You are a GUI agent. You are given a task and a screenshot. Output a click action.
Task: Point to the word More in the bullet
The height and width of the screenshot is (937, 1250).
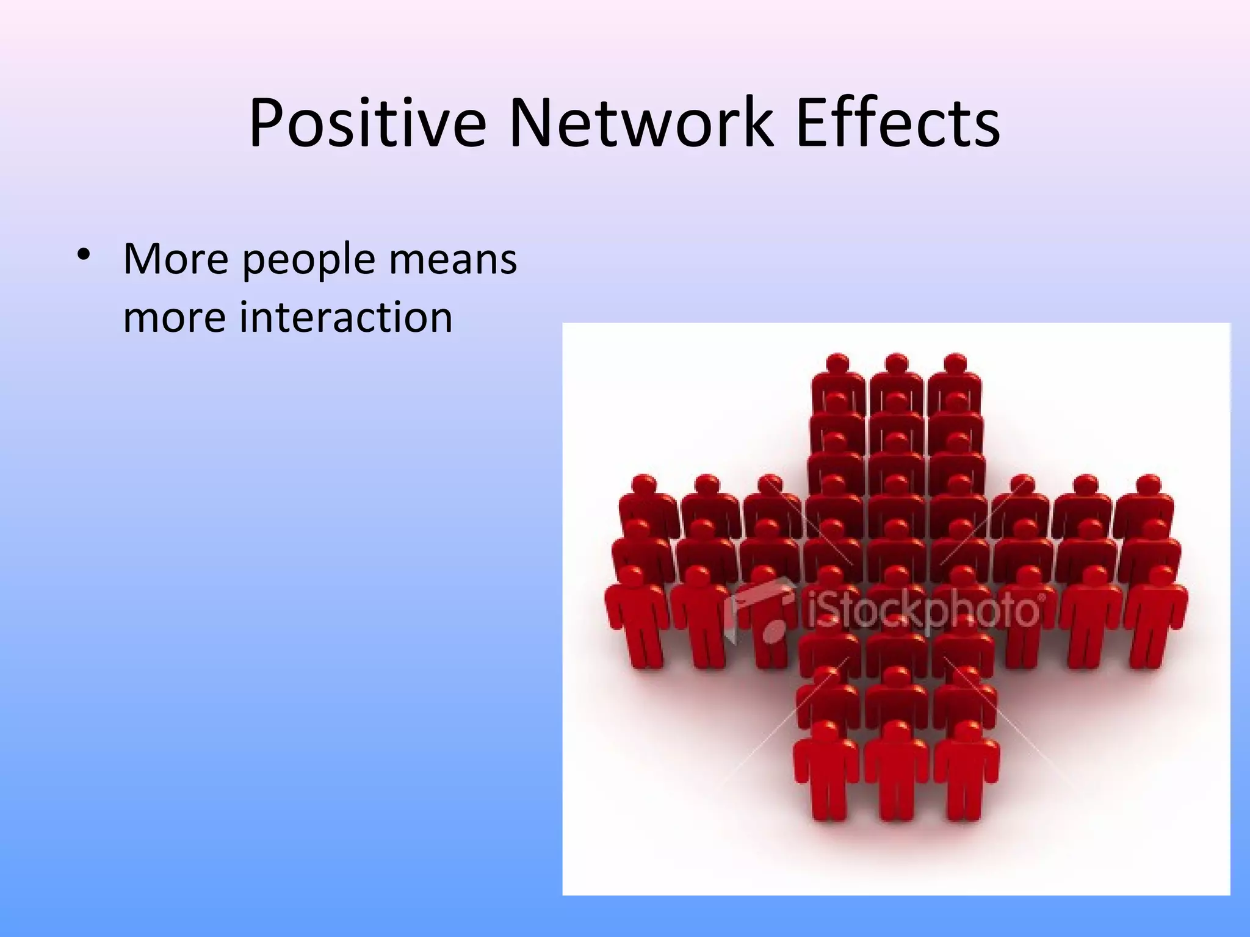pyautogui.click(x=176, y=259)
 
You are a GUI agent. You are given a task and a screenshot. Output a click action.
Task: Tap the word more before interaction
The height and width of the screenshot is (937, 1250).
pyautogui.click(x=175, y=318)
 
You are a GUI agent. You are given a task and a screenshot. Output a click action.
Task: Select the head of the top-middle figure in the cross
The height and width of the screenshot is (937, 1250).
pyautogui.click(x=897, y=364)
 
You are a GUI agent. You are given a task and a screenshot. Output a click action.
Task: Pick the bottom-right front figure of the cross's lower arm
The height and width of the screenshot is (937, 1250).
pyautogui.click(x=966, y=769)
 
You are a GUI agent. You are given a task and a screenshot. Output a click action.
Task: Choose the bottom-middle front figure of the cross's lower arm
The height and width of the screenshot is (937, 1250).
pyautogui.click(x=897, y=769)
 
